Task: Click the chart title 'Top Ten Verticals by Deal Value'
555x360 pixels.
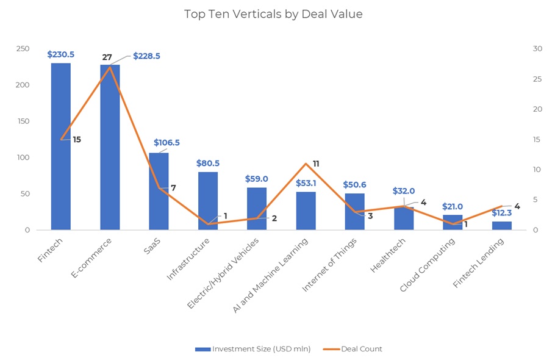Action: [273, 14]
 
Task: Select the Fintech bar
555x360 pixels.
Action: [61, 146]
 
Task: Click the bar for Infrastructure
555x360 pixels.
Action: [208, 201]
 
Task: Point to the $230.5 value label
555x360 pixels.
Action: [60, 55]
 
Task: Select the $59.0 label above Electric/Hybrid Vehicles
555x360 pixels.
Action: [257, 179]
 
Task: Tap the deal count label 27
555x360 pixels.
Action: [107, 57]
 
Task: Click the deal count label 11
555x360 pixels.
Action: [316, 164]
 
